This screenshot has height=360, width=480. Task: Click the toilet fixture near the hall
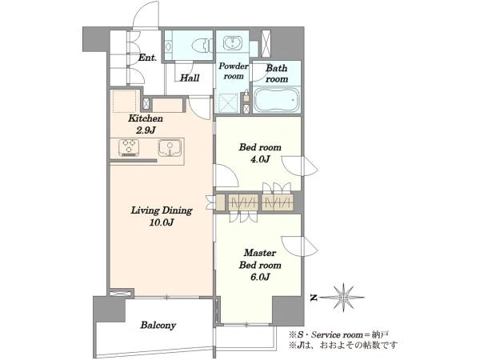[x=202, y=46]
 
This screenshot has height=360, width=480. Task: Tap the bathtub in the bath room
[x=276, y=100]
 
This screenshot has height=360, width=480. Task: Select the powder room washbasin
[x=234, y=42]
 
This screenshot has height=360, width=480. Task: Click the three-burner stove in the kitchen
[x=129, y=147]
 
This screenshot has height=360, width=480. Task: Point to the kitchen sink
[x=170, y=147]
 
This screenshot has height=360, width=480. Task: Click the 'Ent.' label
[x=147, y=58]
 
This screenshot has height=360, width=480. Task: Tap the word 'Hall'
[x=190, y=78]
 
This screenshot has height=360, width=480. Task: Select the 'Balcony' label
[x=158, y=325]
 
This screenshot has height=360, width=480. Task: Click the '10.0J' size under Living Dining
[x=162, y=222]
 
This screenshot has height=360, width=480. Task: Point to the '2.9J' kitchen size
[x=146, y=130]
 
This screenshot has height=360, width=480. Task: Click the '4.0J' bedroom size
[x=260, y=159]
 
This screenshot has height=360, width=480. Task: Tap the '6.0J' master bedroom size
[x=260, y=277]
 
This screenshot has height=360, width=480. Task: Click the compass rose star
[x=344, y=297]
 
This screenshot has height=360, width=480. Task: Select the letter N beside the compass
[x=313, y=298]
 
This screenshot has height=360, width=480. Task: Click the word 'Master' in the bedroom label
[x=260, y=253]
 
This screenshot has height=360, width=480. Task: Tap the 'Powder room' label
[x=234, y=71]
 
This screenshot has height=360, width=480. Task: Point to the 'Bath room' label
[x=277, y=74]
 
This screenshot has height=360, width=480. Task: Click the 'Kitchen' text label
[x=146, y=118]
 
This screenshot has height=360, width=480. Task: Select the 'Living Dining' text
[x=162, y=210]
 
